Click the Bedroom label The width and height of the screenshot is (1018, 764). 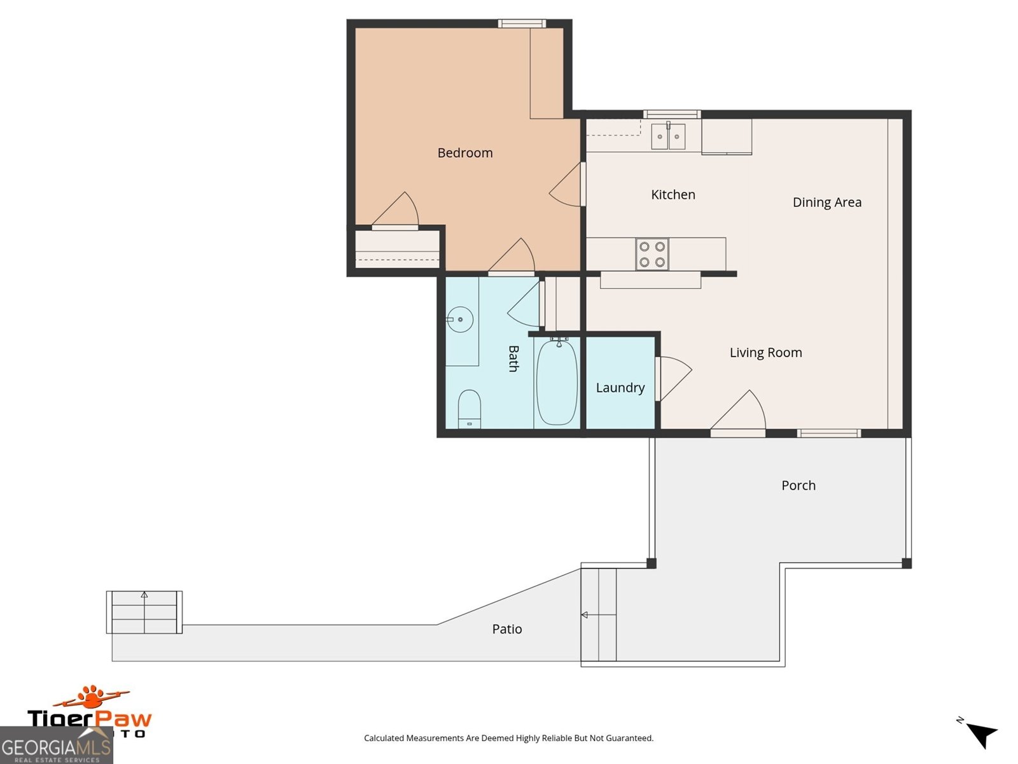pyautogui.click(x=464, y=153)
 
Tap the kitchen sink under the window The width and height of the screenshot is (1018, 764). pyautogui.click(x=668, y=136)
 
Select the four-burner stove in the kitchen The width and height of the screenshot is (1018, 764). pyautogui.click(x=652, y=254)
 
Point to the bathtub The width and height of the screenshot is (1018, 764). pyautogui.click(x=557, y=382)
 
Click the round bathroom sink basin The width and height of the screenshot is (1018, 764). pyautogui.click(x=459, y=320)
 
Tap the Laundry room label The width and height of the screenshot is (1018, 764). pyautogui.click(x=620, y=388)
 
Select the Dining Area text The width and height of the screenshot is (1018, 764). pyautogui.click(x=826, y=202)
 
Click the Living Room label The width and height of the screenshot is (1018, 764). pyautogui.click(x=765, y=353)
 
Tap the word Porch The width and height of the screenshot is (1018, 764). pyautogui.click(x=798, y=486)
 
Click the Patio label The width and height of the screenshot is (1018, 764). pyautogui.click(x=506, y=630)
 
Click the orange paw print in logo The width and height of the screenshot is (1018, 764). pyautogui.click(x=93, y=697)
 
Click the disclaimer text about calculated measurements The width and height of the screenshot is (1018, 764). pyautogui.click(x=508, y=739)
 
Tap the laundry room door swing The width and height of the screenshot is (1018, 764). pyautogui.click(x=674, y=378)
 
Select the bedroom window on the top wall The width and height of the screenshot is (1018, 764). pyautogui.click(x=521, y=24)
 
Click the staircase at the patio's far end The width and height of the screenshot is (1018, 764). pyautogui.click(x=144, y=612)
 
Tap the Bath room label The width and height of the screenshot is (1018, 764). pyautogui.click(x=513, y=358)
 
